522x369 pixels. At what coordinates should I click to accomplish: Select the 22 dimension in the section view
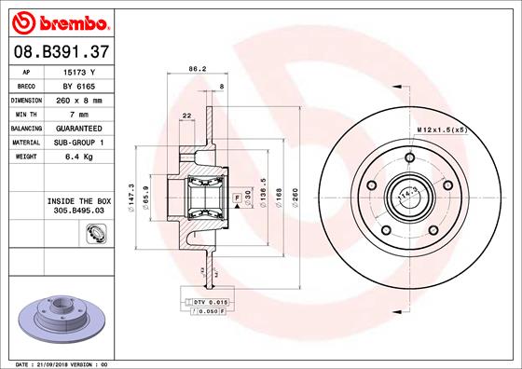187,115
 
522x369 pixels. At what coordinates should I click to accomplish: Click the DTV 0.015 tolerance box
211,303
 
